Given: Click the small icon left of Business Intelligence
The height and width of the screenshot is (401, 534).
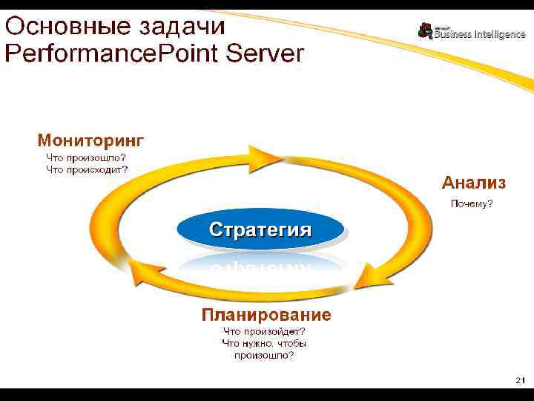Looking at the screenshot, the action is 425,30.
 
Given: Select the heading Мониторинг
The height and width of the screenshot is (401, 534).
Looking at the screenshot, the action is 90,140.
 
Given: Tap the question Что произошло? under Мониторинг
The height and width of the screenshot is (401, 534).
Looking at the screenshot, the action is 85,157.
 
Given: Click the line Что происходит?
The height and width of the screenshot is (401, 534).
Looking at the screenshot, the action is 87,169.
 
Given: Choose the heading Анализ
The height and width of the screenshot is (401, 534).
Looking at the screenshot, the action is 474,182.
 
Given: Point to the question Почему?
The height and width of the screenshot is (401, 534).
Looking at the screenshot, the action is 472,203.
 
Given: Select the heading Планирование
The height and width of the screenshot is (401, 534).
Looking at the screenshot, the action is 266,315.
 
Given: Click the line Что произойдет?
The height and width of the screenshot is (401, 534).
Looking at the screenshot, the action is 265,332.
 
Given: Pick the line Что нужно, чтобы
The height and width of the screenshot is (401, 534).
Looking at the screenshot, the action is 264,344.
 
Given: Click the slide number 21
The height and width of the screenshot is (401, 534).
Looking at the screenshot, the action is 520,379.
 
